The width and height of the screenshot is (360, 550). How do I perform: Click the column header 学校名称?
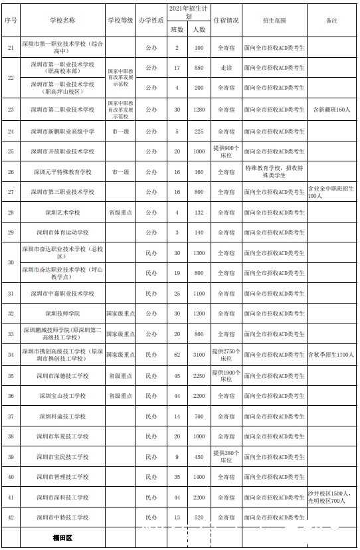[x=62, y=21]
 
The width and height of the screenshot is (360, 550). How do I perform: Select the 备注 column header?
[x=331, y=21]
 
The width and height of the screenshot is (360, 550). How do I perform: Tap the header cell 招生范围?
[x=274, y=21]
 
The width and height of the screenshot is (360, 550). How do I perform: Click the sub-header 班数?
[x=177, y=30]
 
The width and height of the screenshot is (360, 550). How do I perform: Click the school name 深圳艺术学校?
[x=62, y=213]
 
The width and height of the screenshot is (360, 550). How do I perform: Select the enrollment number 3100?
[x=199, y=355]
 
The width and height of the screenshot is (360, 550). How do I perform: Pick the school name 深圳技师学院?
[x=62, y=313]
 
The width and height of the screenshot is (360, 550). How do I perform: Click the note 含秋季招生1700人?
[x=331, y=355]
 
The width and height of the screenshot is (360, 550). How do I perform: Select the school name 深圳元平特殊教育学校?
[x=62, y=171]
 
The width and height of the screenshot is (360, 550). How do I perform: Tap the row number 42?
[x=10, y=517]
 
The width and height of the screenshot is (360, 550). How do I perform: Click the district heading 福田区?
[x=62, y=537]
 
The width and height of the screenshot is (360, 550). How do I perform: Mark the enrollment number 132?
[x=199, y=213]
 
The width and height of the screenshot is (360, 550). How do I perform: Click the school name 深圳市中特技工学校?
[x=62, y=517]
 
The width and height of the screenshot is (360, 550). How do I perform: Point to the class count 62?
[x=177, y=355]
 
